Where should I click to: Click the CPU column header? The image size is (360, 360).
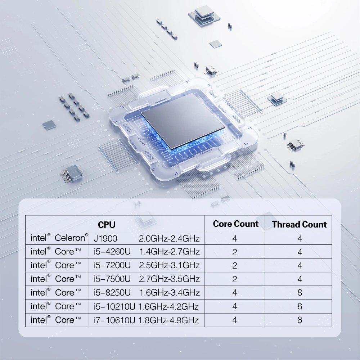click(107, 225)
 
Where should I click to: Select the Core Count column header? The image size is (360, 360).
click(235, 224)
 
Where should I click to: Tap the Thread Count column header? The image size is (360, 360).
click(299, 225)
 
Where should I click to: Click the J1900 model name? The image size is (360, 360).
click(105, 238)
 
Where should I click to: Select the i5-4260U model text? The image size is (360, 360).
click(112, 251)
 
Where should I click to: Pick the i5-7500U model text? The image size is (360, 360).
click(112, 279)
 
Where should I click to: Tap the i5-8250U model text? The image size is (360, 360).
click(112, 292)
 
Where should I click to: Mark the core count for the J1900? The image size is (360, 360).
click(235, 239)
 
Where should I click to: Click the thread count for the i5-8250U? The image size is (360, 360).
click(300, 293)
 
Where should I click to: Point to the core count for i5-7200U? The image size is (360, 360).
click(235, 266)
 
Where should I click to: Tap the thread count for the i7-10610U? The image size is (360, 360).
click(300, 320)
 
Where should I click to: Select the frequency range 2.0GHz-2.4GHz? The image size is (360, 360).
click(169, 238)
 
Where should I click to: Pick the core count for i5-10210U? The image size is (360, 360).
click(235, 306)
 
